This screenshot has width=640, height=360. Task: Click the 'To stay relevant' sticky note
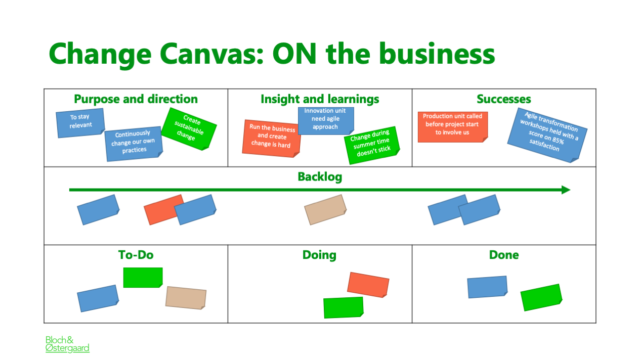click(80, 123)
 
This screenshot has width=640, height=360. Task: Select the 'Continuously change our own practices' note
click(134, 144)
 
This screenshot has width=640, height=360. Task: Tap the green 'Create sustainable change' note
click(189, 129)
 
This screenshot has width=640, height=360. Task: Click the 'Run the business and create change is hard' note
click(271, 139)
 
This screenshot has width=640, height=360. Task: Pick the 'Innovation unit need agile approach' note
click(326, 121)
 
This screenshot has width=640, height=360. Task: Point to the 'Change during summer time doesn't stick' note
click(372, 145)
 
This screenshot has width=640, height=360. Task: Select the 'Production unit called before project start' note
click(453, 127)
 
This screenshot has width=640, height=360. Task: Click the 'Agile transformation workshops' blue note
click(547, 135)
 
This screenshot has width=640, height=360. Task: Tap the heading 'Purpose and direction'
click(136, 99)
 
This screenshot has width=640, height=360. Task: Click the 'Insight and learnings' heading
click(320, 99)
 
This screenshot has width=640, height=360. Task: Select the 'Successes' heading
click(504, 99)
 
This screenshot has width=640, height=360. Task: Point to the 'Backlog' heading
click(320, 177)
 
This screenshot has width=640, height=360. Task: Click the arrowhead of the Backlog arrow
click(566, 190)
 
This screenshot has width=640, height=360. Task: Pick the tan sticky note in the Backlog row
click(325, 209)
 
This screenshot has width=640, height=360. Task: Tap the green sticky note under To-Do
click(143, 277)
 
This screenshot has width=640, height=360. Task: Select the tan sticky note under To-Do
click(186, 298)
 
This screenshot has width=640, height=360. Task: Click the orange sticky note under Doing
click(368, 285)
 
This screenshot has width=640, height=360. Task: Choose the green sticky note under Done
click(541, 297)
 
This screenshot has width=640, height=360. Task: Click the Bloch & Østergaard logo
click(67, 344)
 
